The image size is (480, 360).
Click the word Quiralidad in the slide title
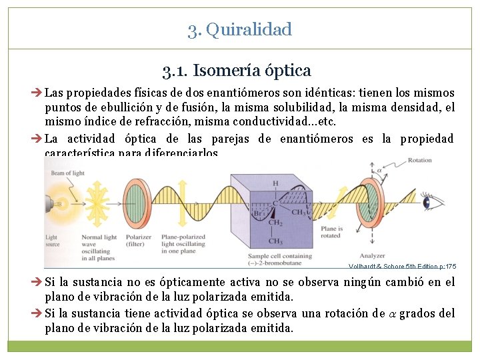click(249, 29)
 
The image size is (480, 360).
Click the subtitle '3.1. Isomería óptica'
click(236, 69)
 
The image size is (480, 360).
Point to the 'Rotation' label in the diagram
click(419, 161)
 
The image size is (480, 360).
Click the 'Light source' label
click(51, 241)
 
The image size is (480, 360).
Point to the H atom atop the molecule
click(275, 183)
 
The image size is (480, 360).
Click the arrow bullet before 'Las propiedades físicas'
click(39, 93)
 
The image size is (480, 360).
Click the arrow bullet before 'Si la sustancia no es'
click(39, 283)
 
